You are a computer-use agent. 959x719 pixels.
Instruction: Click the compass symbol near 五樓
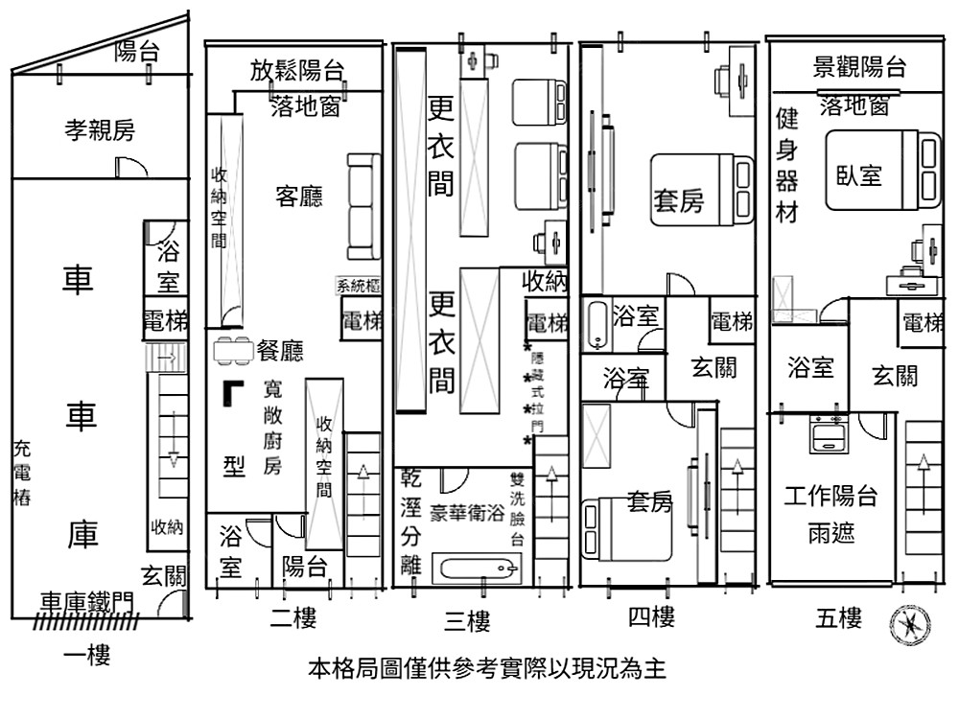tap(904, 624)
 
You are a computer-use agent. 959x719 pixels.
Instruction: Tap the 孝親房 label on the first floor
tap(100, 130)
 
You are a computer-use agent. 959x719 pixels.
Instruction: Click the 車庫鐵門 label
tap(87, 601)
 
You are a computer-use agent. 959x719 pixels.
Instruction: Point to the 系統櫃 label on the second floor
tap(359, 285)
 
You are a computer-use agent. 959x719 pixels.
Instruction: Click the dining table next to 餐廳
tap(234, 351)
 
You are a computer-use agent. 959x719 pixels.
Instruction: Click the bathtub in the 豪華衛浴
tap(473, 570)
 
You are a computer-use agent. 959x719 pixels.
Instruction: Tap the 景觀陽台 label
tap(858, 67)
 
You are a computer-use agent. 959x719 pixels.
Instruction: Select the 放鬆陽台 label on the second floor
tap(297, 70)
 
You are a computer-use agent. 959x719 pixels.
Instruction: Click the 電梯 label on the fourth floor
tap(732, 322)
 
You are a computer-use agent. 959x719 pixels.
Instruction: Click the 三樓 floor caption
tap(468, 622)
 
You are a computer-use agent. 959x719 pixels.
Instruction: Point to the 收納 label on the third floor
tap(545, 281)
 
